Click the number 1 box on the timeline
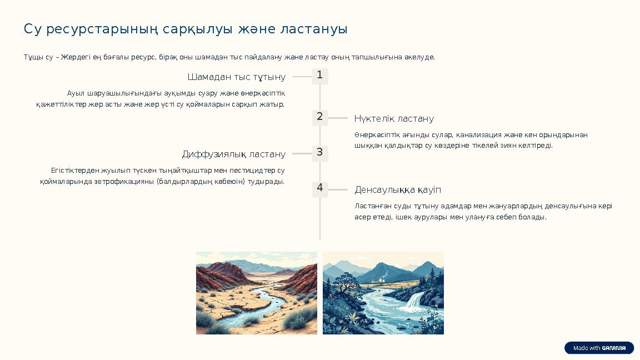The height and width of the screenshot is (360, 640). pos(320,76)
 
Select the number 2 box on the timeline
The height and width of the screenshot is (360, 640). pos(320,118)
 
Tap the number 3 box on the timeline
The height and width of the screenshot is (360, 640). pos(320,153)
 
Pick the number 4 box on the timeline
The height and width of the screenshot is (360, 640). pos(320,189)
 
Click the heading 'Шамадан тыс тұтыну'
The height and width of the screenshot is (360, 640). pos(237,77)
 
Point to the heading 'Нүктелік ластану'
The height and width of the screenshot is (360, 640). pos(394,119)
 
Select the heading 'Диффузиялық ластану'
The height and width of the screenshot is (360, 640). pos(234,154)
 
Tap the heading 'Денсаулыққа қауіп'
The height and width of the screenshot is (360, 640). pos(398,190)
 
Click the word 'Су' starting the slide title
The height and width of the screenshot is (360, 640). pos(33,29)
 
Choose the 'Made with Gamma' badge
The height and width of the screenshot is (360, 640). pos(599,348)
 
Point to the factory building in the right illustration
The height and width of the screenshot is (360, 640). pos(383,277)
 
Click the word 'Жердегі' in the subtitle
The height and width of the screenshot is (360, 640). pos(73,57)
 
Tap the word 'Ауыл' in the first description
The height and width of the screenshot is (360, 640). pos(76,93)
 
